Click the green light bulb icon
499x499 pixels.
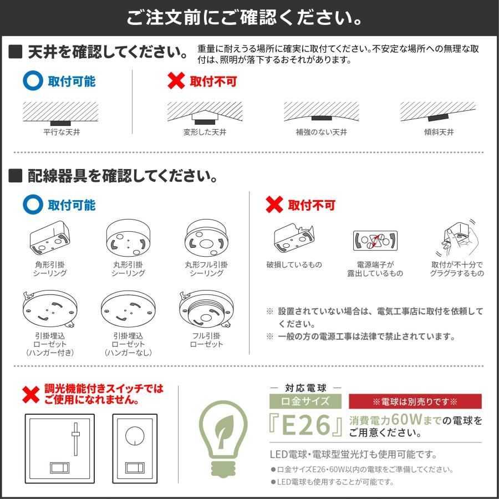(223, 439)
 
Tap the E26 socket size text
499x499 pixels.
(306, 425)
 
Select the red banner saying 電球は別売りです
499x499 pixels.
(415, 401)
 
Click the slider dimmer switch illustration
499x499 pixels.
(60, 449)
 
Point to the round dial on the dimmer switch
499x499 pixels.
(135, 436)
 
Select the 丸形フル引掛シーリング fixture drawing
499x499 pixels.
(206, 238)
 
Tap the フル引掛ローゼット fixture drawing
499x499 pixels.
(206, 309)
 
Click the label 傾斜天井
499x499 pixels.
(439, 132)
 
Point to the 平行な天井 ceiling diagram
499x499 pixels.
(60, 114)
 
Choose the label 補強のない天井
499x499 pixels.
(321, 132)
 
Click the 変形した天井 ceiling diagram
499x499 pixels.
(205, 113)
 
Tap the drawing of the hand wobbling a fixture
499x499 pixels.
(457, 238)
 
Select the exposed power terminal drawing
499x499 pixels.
(375, 241)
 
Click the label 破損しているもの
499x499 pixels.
(294, 265)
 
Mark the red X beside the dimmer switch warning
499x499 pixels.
(31, 395)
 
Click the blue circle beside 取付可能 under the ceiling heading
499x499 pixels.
(33, 81)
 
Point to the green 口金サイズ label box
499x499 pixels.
(305, 401)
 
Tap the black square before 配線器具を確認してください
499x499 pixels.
(16, 176)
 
